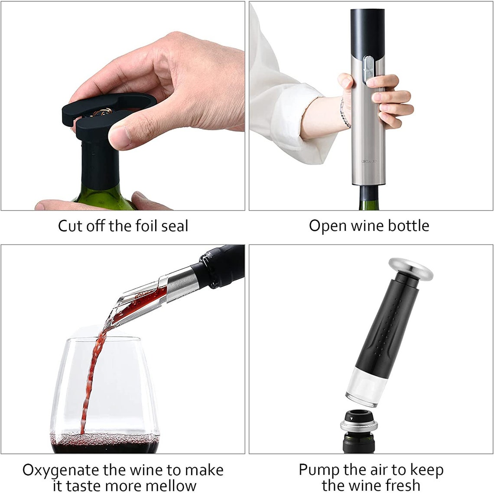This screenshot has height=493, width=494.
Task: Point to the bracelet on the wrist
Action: coord(345,114)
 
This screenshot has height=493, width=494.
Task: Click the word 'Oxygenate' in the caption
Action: coord(61,470)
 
